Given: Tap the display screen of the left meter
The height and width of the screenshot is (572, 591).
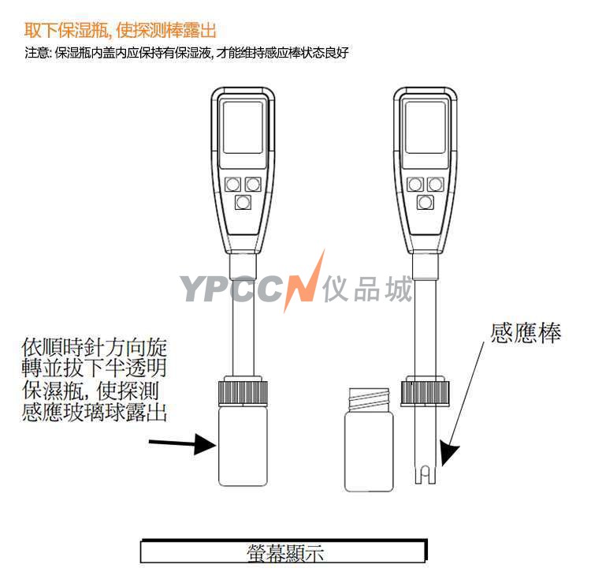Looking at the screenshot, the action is tap(243, 127).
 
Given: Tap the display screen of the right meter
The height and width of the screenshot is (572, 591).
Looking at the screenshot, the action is tap(425, 127).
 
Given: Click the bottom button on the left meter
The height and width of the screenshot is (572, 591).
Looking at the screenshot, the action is tap(243, 202).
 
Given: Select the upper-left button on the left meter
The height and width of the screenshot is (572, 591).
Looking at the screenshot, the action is tap(232, 185).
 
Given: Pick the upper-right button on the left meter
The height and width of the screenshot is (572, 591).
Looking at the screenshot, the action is tap(253, 185).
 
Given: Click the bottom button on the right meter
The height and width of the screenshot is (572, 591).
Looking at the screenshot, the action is tap(426, 202).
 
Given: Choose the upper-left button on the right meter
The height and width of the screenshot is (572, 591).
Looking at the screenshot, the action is tap(415, 185).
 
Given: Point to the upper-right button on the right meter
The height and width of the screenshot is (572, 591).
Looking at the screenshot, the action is tap(435, 185).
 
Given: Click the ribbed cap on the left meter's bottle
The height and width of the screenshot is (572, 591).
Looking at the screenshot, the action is tap(243, 392).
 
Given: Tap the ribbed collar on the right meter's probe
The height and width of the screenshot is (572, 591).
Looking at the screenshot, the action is tap(426, 393).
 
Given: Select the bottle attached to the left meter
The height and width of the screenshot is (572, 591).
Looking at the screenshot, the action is tap(243, 445).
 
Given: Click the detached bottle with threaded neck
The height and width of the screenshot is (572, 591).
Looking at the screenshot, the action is tap(369, 440).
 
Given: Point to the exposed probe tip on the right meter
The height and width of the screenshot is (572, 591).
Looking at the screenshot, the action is tap(426, 473).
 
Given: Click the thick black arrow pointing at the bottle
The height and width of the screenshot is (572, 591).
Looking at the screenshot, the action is tap(183, 443).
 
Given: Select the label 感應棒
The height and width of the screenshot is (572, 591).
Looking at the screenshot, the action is tap(526, 333).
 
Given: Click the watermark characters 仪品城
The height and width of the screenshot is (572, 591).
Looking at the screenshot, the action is tap(368, 289).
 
